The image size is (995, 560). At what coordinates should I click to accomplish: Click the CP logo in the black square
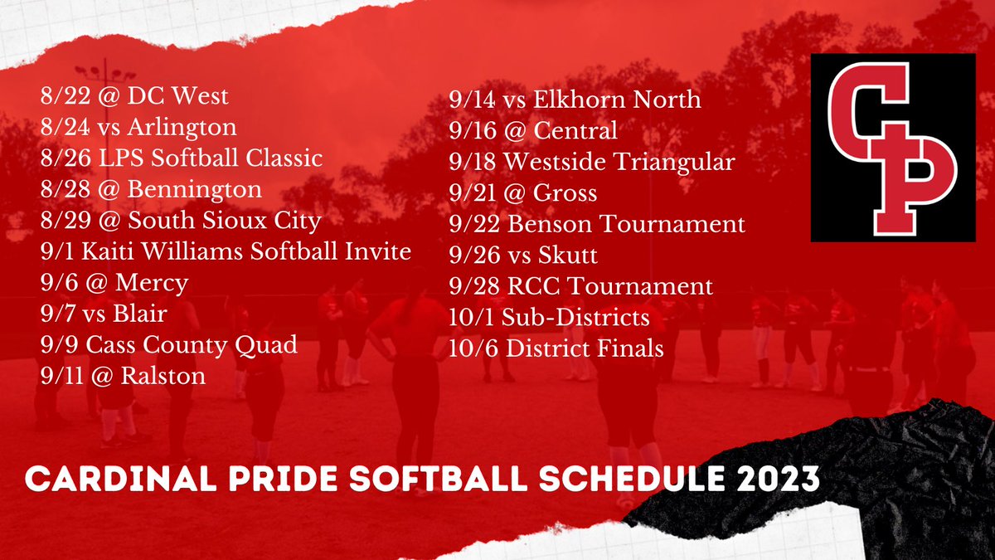click(x=893, y=148)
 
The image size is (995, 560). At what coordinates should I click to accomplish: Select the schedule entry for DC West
click(x=134, y=97)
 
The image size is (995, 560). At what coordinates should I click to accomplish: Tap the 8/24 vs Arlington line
click(x=138, y=128)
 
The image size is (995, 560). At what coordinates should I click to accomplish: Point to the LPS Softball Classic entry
click(x=181, y=158)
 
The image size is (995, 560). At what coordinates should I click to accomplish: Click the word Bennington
click(x=196, y=190)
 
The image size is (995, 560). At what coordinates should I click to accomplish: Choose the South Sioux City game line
click(x=181, y=222)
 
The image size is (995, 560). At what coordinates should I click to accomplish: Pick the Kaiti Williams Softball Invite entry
click(x=226, y=251)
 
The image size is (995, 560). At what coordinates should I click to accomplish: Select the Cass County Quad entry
click(x=168, y=345)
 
